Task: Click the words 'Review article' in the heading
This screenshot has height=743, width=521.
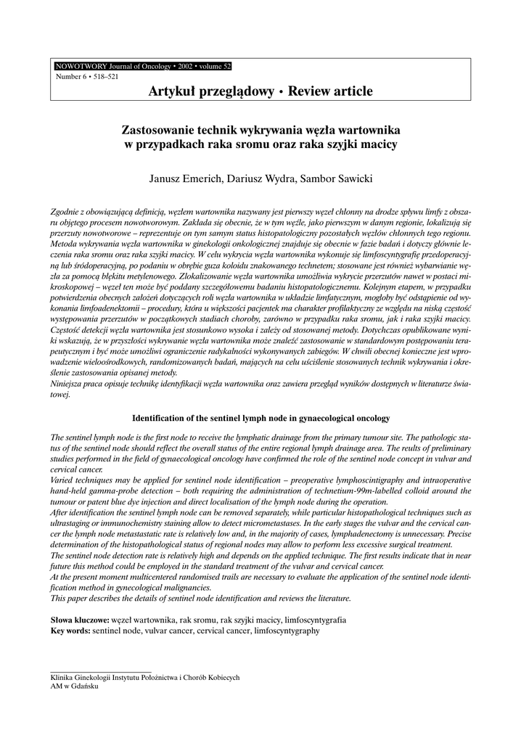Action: coord(330,91)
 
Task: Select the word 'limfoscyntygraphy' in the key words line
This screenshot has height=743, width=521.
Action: coord(287,631)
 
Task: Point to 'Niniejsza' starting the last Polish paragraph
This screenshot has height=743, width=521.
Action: coord(70,382)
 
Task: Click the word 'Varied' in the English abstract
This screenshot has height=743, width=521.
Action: coord(63,480)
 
